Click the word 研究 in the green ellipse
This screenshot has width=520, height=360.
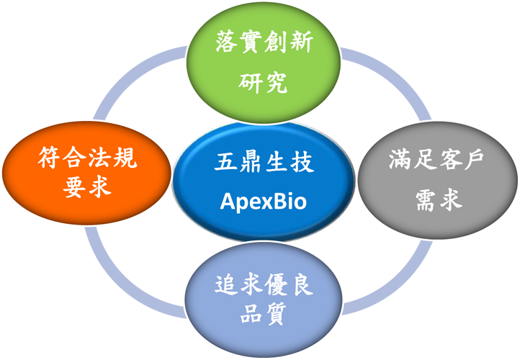click(264, 84)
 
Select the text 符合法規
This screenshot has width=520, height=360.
click(87, 159)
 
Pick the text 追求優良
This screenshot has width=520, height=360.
click(264, 285)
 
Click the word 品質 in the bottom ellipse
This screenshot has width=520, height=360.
click(264, 314)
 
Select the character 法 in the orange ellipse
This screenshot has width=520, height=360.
click(99, 159)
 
